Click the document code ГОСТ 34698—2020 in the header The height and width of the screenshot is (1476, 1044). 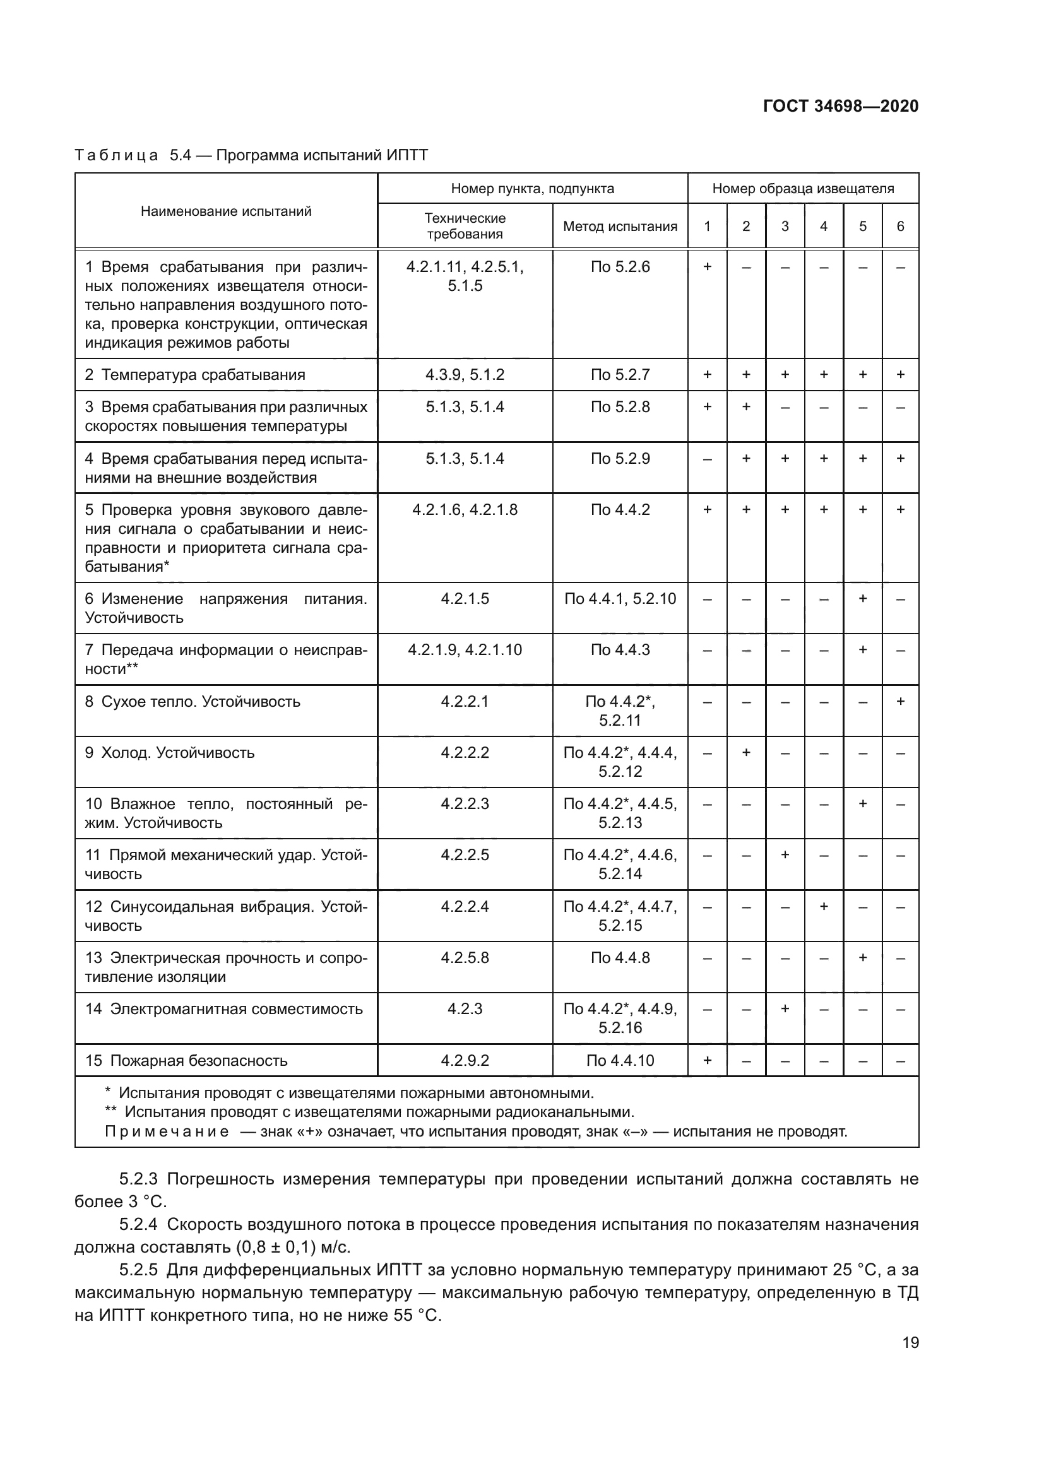click(840, 106)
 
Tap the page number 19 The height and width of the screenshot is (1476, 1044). click(910, 1342)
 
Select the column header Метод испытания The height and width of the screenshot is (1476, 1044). click(620, 227)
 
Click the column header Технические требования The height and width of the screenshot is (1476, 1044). click(465, 227)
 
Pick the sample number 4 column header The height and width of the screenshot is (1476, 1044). click(824, 227)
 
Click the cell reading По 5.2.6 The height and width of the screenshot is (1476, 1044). click(620, 267)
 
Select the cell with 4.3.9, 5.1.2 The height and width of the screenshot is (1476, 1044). click(465, 375)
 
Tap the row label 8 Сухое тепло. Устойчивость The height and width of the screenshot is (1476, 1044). click(193, 701)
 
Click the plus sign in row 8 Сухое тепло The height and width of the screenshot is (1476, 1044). click(900, 701)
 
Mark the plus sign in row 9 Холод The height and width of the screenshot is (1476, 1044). click(745, 752)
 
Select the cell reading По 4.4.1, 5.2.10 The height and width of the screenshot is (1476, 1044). click(620, 599)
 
